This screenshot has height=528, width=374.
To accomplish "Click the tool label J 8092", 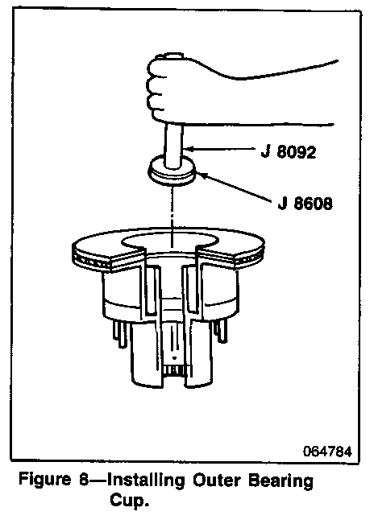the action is coord(289,152).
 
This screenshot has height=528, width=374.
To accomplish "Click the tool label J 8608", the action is coord(305,203).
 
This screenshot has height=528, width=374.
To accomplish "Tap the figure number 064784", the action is coord(327,452).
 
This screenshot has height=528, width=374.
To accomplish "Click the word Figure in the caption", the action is coord(45,480).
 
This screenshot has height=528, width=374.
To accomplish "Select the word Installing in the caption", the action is coord(146,481).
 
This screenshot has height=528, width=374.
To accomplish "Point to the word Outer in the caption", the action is coord(217,480).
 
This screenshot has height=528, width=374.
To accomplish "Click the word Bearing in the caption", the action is coord(281,481).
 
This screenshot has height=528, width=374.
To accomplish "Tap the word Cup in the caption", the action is coord(127,501).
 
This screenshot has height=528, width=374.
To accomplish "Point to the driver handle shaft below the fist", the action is coord(174,146).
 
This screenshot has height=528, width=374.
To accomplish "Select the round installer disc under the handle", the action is coord(172,171).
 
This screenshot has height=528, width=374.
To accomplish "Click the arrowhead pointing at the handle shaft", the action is coord(188,148).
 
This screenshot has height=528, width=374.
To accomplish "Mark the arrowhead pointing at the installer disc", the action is coord(199,174).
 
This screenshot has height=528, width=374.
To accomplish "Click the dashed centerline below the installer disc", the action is coord(172,216).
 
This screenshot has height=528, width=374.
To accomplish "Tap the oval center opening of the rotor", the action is coord(170,241).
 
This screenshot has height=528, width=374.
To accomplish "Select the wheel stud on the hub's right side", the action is coord(221,331).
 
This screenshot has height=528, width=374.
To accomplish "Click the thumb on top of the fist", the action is coord(172,56).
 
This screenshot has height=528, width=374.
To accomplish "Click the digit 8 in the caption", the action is coord(84,480).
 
